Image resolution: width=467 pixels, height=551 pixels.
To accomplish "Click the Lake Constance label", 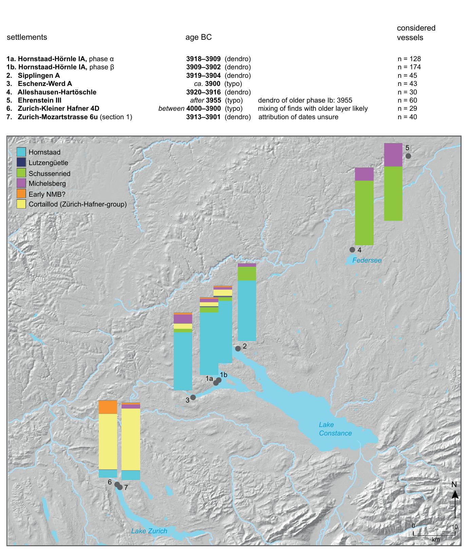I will (x=335, y=429).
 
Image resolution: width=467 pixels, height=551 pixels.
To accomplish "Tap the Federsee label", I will (x=367, y=260).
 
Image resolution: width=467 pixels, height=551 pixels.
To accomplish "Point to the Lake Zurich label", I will (x=149, y=531).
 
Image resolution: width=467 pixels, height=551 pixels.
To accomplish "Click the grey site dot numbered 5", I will (x=408, y=156).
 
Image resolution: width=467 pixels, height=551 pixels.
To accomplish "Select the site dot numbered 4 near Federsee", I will (x=352, y=249).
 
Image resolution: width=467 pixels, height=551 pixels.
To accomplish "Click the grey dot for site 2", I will (x=238, y=349).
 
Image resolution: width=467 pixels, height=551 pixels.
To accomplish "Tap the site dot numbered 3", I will (x=193, y=397).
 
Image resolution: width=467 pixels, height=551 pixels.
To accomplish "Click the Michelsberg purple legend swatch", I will (x=21, y=183).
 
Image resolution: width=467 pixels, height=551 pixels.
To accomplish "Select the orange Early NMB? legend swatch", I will (x=21, y=194).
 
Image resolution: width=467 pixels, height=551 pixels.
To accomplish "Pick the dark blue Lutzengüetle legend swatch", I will (x=21, y=162).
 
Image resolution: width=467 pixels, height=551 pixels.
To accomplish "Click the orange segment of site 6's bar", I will (x=108, y=407).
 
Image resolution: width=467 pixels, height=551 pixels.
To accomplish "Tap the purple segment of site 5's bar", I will (x=393, y=155).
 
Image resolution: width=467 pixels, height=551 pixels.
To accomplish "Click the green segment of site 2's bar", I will (x=247, y=274).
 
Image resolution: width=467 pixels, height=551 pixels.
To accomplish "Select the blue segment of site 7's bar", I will (x=131, y=475).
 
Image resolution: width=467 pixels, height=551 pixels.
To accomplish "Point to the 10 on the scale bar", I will (x=455, y=527).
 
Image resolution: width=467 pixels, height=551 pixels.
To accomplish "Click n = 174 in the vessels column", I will (x=409, y=67).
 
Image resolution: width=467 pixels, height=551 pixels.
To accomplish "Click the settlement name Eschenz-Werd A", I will (x=45, y=84).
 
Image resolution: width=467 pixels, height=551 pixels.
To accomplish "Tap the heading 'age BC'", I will (x=199, y=37).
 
